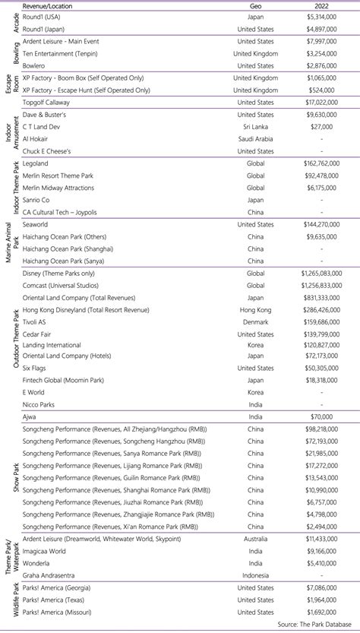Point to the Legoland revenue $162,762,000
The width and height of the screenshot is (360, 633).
click(x=316, y=163)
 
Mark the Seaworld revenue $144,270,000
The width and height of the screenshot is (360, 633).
click(x=316, y=224)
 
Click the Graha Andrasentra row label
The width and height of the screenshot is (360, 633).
click(x=52, y=575)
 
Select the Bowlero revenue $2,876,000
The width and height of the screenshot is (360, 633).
click(x=320, y=66)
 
